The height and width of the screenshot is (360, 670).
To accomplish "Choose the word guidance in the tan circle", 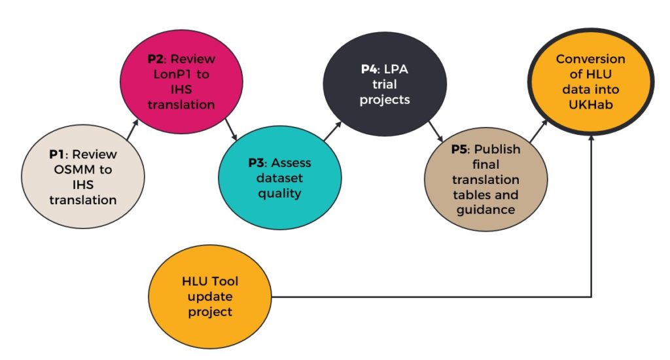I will pyautogui.click(x=485, y=209).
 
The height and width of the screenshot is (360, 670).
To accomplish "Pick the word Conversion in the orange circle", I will pyautogui.click(x=590, y=59).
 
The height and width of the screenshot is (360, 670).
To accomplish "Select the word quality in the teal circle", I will pyautogui.click(x=279, y=193).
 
